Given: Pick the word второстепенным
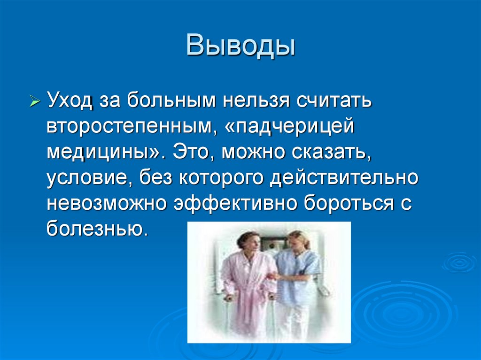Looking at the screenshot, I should (x=130, y=127).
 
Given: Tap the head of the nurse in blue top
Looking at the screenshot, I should (x=297, y=240).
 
